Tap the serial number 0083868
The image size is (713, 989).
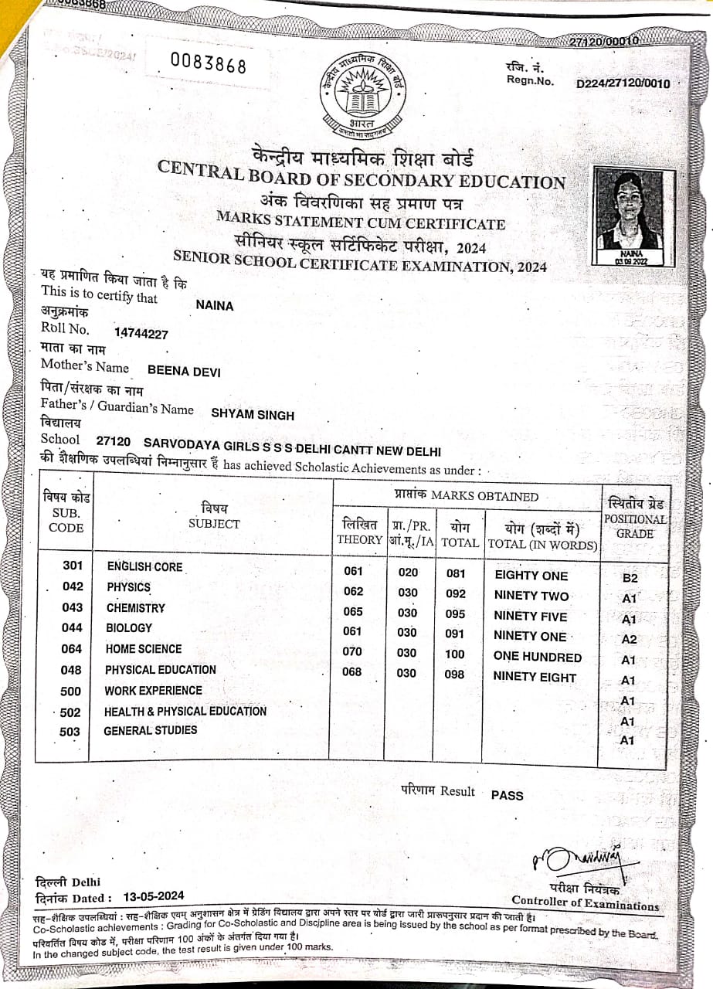(208, 63)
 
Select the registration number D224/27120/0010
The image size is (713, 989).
(623, 83)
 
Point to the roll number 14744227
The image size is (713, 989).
(141, 334)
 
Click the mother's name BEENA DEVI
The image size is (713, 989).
(183, 372)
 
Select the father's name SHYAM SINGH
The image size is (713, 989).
(253, 415)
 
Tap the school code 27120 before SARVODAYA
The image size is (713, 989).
(114, 442)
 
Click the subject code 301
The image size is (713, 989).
(73, 566)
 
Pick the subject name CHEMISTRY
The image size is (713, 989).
(136, 608)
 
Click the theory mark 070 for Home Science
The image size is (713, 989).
(352, 651)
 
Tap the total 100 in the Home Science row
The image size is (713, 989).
(456, 654)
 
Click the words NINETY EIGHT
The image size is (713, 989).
(535, 678)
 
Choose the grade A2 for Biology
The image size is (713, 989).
(630, 640)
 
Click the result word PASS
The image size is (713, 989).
(507, 795)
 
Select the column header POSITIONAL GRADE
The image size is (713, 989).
(634, 527)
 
